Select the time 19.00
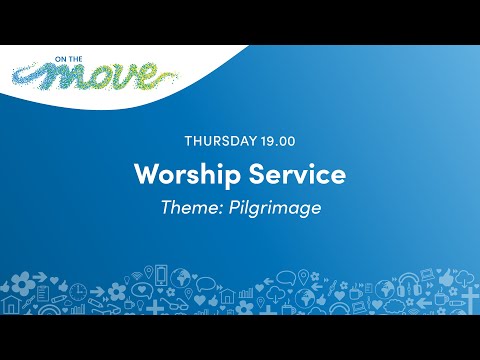(281, 140)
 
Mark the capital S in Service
(256, 174)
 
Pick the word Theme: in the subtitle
(189, 207)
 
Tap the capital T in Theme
(165, 207)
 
